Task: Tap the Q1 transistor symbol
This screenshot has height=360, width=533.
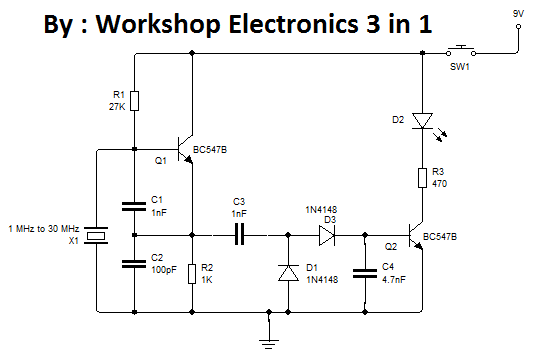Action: coord(185,150)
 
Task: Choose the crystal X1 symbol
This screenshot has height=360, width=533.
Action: coord(96,236)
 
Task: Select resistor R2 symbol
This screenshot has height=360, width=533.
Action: coord(192,273)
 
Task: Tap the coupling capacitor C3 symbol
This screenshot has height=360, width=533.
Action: coord(238,236)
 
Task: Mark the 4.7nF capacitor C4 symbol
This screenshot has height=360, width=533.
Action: coord(365,271)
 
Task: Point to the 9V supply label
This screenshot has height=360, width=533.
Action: coord(518,13)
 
